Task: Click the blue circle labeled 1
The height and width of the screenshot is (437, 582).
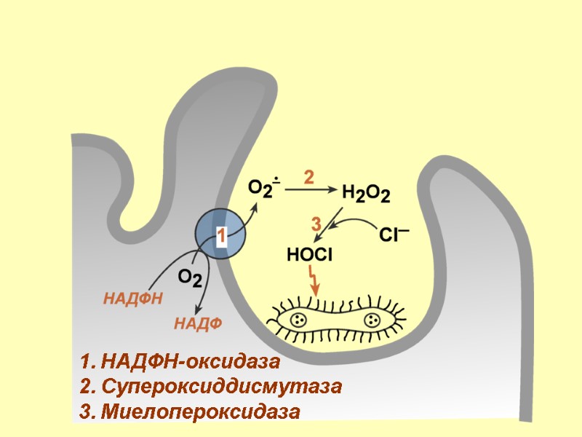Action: coord(220,233)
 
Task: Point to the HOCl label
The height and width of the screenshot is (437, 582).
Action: coord(309,255)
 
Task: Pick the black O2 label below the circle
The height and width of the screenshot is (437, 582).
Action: coord(190,278)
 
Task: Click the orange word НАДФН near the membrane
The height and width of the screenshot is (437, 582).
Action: coord(132,298)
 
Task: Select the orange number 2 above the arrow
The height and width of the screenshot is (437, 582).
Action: coord(308,177)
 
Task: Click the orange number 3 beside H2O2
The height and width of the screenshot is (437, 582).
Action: coord(316,224)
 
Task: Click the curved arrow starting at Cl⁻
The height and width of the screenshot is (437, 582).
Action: coord(353,221)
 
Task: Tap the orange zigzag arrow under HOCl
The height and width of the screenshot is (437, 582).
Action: coord(314,281)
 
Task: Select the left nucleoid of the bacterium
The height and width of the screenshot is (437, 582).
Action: coord(298,319)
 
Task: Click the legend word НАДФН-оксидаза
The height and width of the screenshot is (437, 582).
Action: coord(191,361)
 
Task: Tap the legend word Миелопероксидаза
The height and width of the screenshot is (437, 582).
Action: coord(201,412)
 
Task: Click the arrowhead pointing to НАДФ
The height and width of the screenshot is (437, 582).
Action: coord(208,306)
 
